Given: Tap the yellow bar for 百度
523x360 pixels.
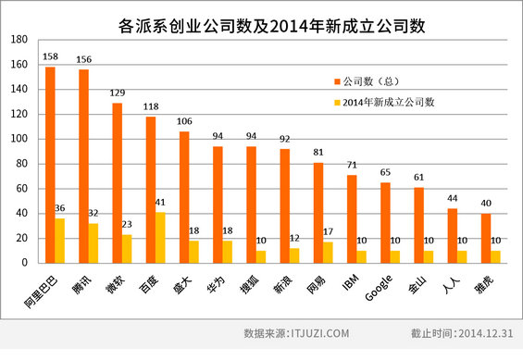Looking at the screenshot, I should coord(161,237).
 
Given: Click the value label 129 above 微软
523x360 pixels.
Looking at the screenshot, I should coord(118,94).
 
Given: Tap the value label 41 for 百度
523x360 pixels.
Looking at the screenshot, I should coord(161,204).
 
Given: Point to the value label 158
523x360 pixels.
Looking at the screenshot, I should coord(51,58).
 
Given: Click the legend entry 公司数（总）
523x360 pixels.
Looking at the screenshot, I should coord(373,81).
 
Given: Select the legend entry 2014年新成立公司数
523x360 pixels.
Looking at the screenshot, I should coord(389,102).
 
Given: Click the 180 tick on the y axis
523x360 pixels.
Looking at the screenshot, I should coord(19,40).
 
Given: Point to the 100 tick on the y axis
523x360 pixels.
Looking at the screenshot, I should coord(19,139).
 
